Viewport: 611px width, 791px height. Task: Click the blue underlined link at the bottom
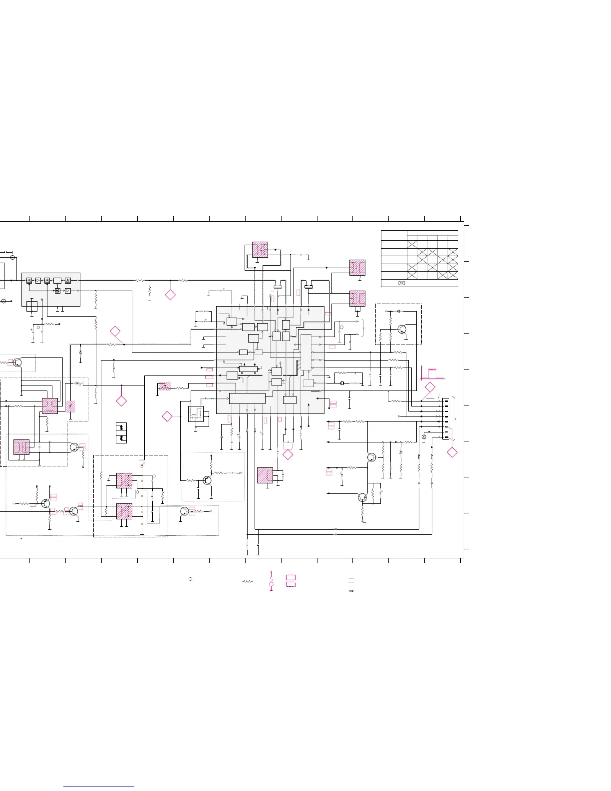pyautogui.click(x=99, y=787)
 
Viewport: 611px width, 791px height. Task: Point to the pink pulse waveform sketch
pyautogui.click(x=432, y=373)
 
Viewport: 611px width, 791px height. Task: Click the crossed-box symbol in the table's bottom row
pyautogui.click(x=401, y=283)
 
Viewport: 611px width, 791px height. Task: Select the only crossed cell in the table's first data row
pyautogui.click(x=412, y=244)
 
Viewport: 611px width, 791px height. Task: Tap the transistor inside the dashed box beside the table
pyautogui.click(x=402, y=329)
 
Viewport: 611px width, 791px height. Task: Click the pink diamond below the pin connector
pyautogui.click(x=452, y=452)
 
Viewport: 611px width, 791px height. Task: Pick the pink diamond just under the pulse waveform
pyautogui.click(x=430, y=387)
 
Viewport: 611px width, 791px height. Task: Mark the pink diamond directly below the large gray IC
pyautogui.click(x=288, y=454)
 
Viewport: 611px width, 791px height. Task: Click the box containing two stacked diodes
pyautogui.click(x=121, y=433)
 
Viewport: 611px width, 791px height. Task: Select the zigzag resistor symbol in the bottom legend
pyautogui.click(x=247, y=582)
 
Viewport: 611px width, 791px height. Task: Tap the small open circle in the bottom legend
pyautogui.click(x=190, y=579)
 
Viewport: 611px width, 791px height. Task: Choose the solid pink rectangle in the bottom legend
pyautogui.click(x=291, y=577)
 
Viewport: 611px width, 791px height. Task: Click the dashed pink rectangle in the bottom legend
pyautogui.click(x=291, y=584)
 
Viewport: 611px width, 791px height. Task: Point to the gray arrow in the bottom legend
pyautogui.click(x=351, y=591)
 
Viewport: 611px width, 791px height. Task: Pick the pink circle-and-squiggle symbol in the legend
pyautogui.click(x=271, y=582)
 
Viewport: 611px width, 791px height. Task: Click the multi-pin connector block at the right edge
pyautogui.click(x=446, y=419)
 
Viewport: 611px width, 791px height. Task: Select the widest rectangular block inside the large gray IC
pyautogui.click(x=247, y=398)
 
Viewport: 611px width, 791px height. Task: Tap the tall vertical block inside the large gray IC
pyautogui.click(x=306, y=352)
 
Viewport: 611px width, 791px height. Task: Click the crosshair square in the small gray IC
pyautogui.click(x=32, y=306)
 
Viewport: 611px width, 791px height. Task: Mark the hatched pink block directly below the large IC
pyautogui.click(x=265, y=475)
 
